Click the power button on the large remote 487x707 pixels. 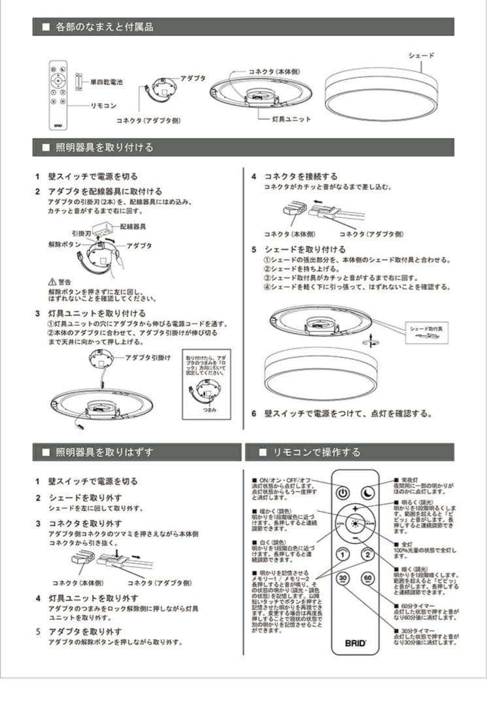(x=343, y=493)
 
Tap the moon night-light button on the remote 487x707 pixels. (x=367, y=493)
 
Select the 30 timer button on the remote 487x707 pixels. (x=343, y=579)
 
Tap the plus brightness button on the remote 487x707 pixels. (x=355, y=509)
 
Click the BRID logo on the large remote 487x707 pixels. (x=355, y=642)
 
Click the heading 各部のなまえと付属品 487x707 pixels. (x=105, y=27)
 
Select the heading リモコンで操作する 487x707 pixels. (x=316, y=452)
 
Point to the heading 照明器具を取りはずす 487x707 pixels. (x=105, y=452)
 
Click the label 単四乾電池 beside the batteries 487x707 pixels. (x=106, y=82)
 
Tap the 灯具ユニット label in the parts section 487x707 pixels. (x=292, y=119)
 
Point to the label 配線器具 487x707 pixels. (x=133, y=226)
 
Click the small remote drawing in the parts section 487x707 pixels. (x=58, y=95)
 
